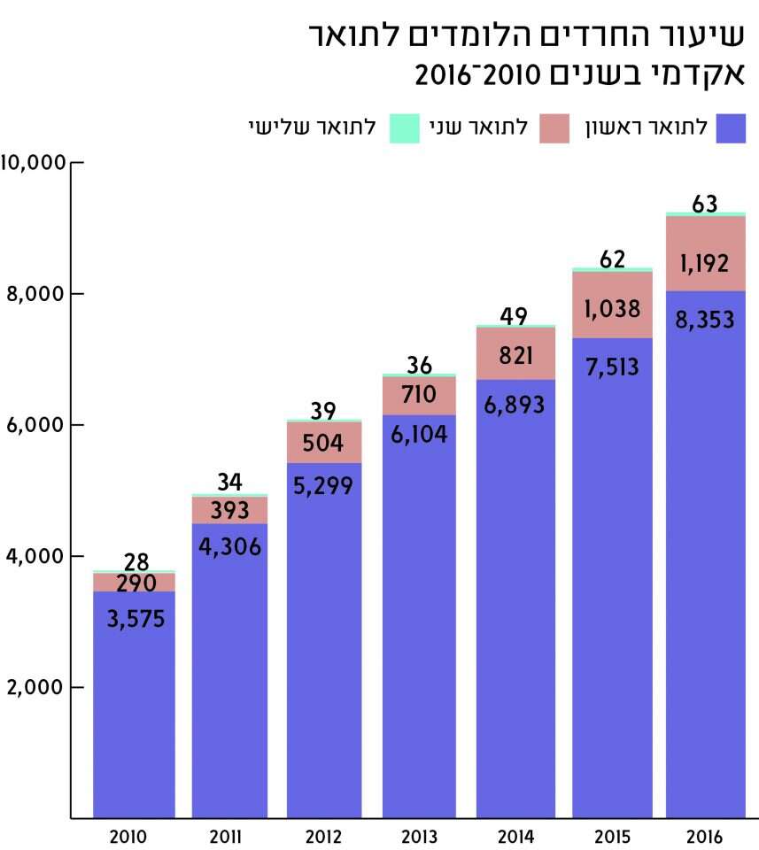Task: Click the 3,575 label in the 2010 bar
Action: point(136,619)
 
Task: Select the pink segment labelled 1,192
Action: point(704,263)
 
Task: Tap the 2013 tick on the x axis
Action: point(419,837)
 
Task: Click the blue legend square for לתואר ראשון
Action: point(732,128)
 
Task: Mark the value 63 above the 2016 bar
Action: point(704,203)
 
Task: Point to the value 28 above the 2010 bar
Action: point(136,561)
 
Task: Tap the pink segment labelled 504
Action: point(324,443)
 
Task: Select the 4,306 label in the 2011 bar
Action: point(230,546)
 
